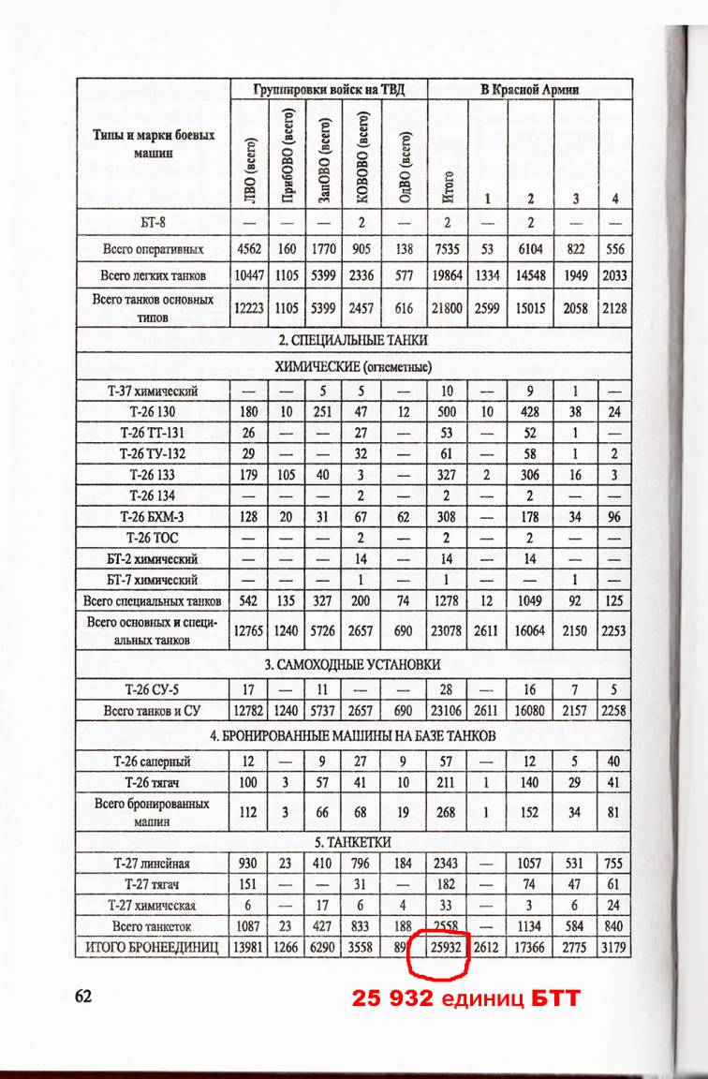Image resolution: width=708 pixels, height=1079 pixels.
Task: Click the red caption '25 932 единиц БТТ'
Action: [465, 999]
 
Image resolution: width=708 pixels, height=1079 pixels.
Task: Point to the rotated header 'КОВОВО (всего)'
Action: [362, 157]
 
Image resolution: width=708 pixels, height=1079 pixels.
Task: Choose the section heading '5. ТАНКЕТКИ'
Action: [353, 841]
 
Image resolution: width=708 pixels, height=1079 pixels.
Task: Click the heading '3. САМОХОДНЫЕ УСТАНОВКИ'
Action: [352, 664]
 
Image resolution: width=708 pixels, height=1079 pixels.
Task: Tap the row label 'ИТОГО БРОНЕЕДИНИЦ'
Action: [153, 948]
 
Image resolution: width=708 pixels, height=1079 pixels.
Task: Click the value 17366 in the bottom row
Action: [530, 948]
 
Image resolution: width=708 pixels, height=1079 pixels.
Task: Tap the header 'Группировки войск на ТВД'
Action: [329, 90]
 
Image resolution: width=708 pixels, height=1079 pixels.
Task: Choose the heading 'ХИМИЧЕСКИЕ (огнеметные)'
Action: [353, 366]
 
